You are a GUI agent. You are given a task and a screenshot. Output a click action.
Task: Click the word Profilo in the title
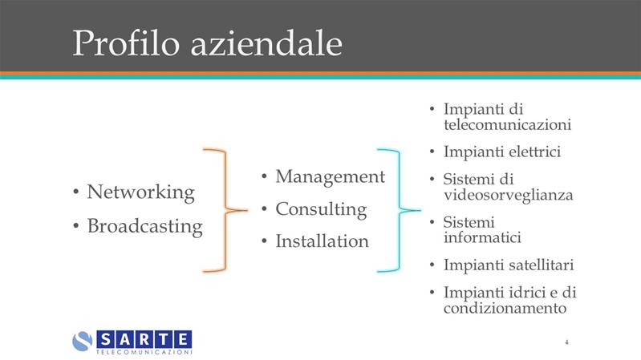tap(126, 43)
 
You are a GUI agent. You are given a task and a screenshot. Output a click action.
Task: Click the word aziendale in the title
tap(266, 43)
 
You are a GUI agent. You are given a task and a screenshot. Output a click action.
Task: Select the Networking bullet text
tap(140, 192)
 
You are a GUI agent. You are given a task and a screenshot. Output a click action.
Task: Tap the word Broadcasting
tap(144, 226)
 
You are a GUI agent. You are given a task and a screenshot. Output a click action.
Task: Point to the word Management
tap(330, 177)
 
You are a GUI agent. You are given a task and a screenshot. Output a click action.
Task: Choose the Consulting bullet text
tap(321, 209)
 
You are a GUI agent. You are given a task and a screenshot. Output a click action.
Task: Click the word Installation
tap(323, 241)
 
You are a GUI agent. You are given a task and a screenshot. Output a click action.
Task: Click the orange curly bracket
tap(225, 210)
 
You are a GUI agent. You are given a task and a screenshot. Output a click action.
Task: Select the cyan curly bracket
tap(400, 210)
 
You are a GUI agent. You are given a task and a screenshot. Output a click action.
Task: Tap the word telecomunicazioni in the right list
tap(507, 124)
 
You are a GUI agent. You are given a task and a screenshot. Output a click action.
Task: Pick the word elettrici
tap(535, 152)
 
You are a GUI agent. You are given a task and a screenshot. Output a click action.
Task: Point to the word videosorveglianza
tap(508, 196)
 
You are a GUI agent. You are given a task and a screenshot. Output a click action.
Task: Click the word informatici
tap(482, 237)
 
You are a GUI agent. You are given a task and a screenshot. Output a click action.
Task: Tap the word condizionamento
tap(505, 308)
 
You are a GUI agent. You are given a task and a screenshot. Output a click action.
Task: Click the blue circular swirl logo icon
tap(83, 341)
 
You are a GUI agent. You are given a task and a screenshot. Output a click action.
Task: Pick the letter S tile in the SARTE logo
tap(105, 340)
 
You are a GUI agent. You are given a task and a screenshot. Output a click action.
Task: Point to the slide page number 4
tap(566, 342)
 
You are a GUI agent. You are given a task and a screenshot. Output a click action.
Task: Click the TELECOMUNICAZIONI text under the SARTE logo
tap(144, 352)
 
